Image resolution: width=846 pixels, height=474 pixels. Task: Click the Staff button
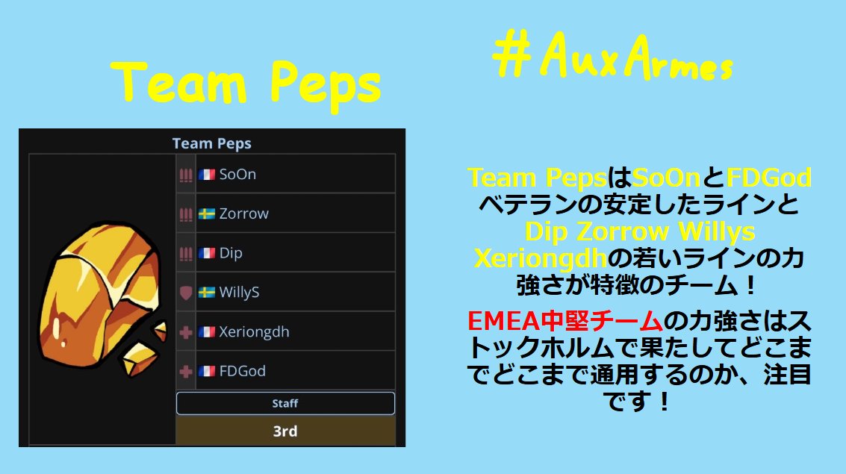point(285,404)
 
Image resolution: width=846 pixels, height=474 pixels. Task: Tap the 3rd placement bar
point(285,431)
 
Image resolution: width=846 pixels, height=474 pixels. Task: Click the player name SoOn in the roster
point(237,175)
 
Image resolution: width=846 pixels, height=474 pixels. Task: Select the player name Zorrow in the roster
point(243,213)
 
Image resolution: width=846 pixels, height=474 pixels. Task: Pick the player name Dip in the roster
point(231,253)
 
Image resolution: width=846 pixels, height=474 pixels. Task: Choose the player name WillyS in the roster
point(239,293)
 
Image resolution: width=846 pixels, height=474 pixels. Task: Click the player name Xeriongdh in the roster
point(254,331)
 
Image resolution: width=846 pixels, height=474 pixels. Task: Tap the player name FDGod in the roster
point(242,371)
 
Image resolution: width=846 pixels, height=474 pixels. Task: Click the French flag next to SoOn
point(207,175)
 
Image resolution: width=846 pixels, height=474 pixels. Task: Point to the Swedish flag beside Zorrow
point(207,214)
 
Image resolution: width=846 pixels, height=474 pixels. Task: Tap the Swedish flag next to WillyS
point(207,293)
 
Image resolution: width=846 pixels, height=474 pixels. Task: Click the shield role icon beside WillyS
point(186,293)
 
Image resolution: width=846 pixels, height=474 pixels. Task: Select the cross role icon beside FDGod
point(186,371)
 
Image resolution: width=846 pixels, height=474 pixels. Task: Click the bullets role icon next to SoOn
point(186,175)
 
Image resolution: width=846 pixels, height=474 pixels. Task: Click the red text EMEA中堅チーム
point(564,322)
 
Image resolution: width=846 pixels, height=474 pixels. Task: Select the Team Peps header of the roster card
point(211,143)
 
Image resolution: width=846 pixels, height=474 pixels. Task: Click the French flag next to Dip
point(207,253)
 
